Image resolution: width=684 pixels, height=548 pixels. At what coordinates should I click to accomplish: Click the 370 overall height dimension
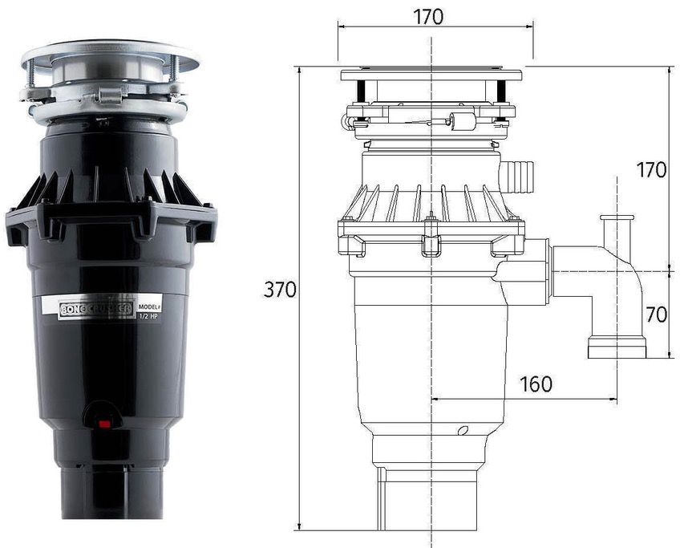pos(279,290)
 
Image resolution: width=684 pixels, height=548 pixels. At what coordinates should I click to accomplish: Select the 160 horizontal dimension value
pos(536,384)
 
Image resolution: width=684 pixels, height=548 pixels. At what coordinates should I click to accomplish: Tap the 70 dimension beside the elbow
pos(656,315)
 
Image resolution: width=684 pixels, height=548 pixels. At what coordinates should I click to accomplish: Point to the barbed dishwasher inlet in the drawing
pos(517,171)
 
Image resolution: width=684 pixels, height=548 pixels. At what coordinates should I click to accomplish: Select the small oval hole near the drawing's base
pos(462,431)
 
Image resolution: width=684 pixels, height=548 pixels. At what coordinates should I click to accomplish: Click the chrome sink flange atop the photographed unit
pos(110,55)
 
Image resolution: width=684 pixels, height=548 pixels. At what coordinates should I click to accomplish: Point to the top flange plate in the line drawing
pos(431,75)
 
